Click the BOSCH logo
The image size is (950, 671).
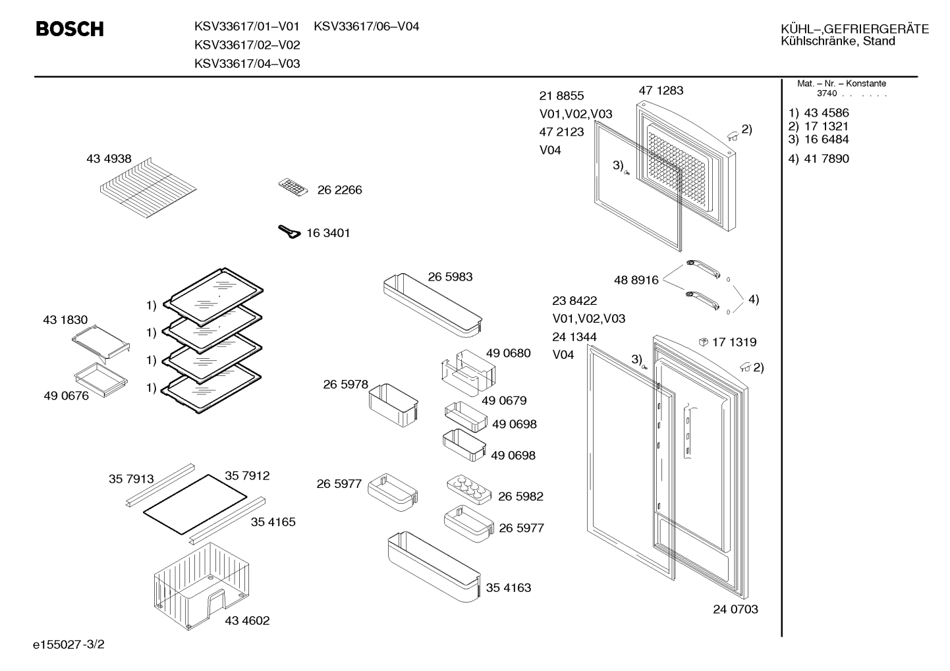(x=70, y=29)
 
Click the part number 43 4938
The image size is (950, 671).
(x=109, y=159)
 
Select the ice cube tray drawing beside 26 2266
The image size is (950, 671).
(x=293, y=188)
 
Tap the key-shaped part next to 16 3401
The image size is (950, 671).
(x=289, y=232)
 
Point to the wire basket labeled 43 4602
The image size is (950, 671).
(x=202, y=586)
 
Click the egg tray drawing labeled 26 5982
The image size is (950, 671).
(x=469, y=489)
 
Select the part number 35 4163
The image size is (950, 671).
(x=509, y=587)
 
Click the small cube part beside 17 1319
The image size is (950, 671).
(x=703, y=342)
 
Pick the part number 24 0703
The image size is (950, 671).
(x=735, y=609)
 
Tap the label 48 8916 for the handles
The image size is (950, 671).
(x=636, y=280)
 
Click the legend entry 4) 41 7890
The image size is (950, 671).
(x=818, y=159)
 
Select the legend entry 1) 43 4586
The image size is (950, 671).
(x=818, y=113)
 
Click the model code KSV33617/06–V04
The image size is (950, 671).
(x=366, y=26)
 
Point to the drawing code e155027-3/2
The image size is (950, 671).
(x=69, y=645)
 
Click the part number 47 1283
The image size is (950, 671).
(x=661, y=90)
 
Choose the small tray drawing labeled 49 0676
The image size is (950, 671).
(x=101, y=379)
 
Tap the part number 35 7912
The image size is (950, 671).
(x=247, y=475)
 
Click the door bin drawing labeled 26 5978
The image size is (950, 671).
(x=393, y=405)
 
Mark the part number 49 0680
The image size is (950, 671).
(x=508, y=353)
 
